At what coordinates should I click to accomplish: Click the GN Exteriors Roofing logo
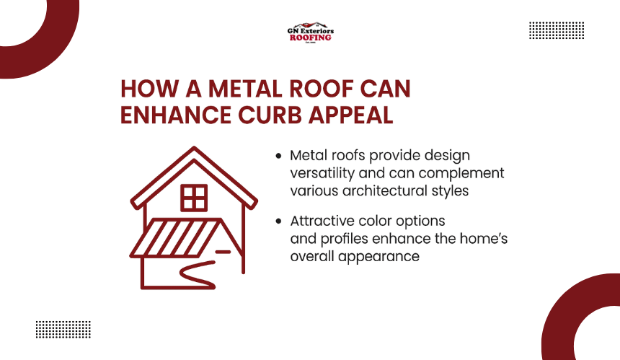(x=311, y=32)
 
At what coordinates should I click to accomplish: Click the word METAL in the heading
(x=246, y=89)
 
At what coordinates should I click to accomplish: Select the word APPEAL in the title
(x=350, y=115)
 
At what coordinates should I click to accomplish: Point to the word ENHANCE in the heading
(x=176, y=115)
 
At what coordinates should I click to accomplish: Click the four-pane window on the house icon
(x=194, y=198)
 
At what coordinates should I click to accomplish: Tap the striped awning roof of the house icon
(x=175, y=238)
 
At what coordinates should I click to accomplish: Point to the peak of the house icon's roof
(x=194, y=148)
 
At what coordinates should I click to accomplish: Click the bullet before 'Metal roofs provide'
(x=279, y=157)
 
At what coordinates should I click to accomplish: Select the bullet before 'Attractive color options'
(x=279, y=221)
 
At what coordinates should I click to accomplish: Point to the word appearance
(x=378, y=257)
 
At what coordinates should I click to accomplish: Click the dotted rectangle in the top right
(x=557, y=30)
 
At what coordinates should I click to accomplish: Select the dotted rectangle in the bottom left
(x=63, y=330)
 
